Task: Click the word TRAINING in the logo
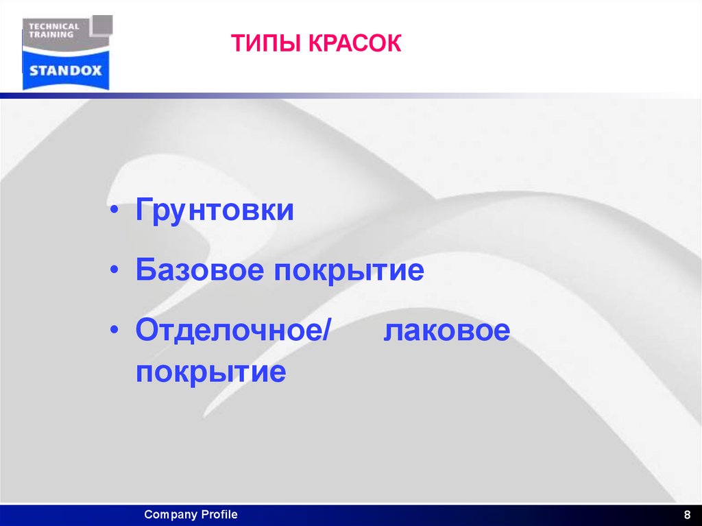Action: click(x=50, y=35)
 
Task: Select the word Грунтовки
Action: click(x=215, y=211)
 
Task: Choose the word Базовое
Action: click(x=199, y=270)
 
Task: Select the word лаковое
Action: click(x=446, y=331)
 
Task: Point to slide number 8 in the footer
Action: click(x=686, y=516)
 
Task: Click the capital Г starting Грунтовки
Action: click(x=143, y=210)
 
